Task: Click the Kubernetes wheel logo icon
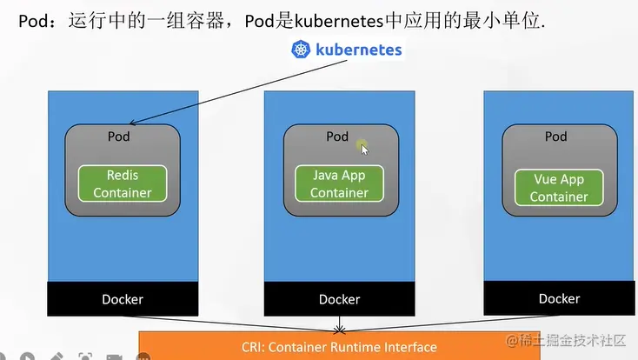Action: [x=301, y=50]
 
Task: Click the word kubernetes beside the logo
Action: [x=358, y=50]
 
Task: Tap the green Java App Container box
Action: [x=339, y=183]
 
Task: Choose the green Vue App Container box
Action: [x=559, y=187]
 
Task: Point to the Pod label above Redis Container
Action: [x=119, y=137]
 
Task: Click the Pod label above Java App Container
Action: [x=337, y=137]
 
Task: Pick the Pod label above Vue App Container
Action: [x=555, y=137]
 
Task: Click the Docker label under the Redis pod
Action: [x=122, y=299]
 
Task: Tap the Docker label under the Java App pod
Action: [x=339, y=299]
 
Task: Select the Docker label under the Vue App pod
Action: [x=559, y=298]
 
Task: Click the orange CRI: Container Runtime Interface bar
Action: [x=339, y=347]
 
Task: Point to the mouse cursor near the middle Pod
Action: [x=364, y=149]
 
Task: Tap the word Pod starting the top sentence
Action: [x=33, y=19]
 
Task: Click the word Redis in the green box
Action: [x=123, y=175]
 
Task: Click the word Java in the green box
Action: [x=327, y=175]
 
